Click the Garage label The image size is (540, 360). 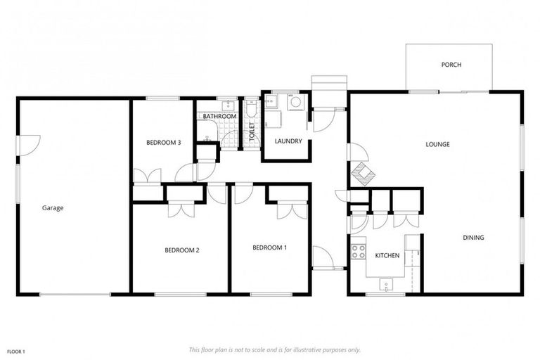(52, 208)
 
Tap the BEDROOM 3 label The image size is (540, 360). (163, 143)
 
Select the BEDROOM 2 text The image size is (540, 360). (182, 250)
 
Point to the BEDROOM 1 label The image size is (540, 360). (269, 247)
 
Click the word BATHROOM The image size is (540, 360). (220, 116)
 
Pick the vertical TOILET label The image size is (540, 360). (251, 131)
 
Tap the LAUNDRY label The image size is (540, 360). (288, 141)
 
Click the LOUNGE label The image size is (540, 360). (437, 144)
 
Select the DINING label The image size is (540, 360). (473, 238)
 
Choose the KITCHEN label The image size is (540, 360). (387, 255)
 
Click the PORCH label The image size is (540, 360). (451, 65)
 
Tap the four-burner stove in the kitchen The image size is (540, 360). (359, 250)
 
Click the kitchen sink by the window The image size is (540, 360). (386, 285)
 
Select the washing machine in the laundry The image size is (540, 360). (296, 103)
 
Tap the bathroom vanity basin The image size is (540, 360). (226, 106)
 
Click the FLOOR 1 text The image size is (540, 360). (15, 352)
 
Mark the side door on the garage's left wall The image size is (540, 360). (23, 146)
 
